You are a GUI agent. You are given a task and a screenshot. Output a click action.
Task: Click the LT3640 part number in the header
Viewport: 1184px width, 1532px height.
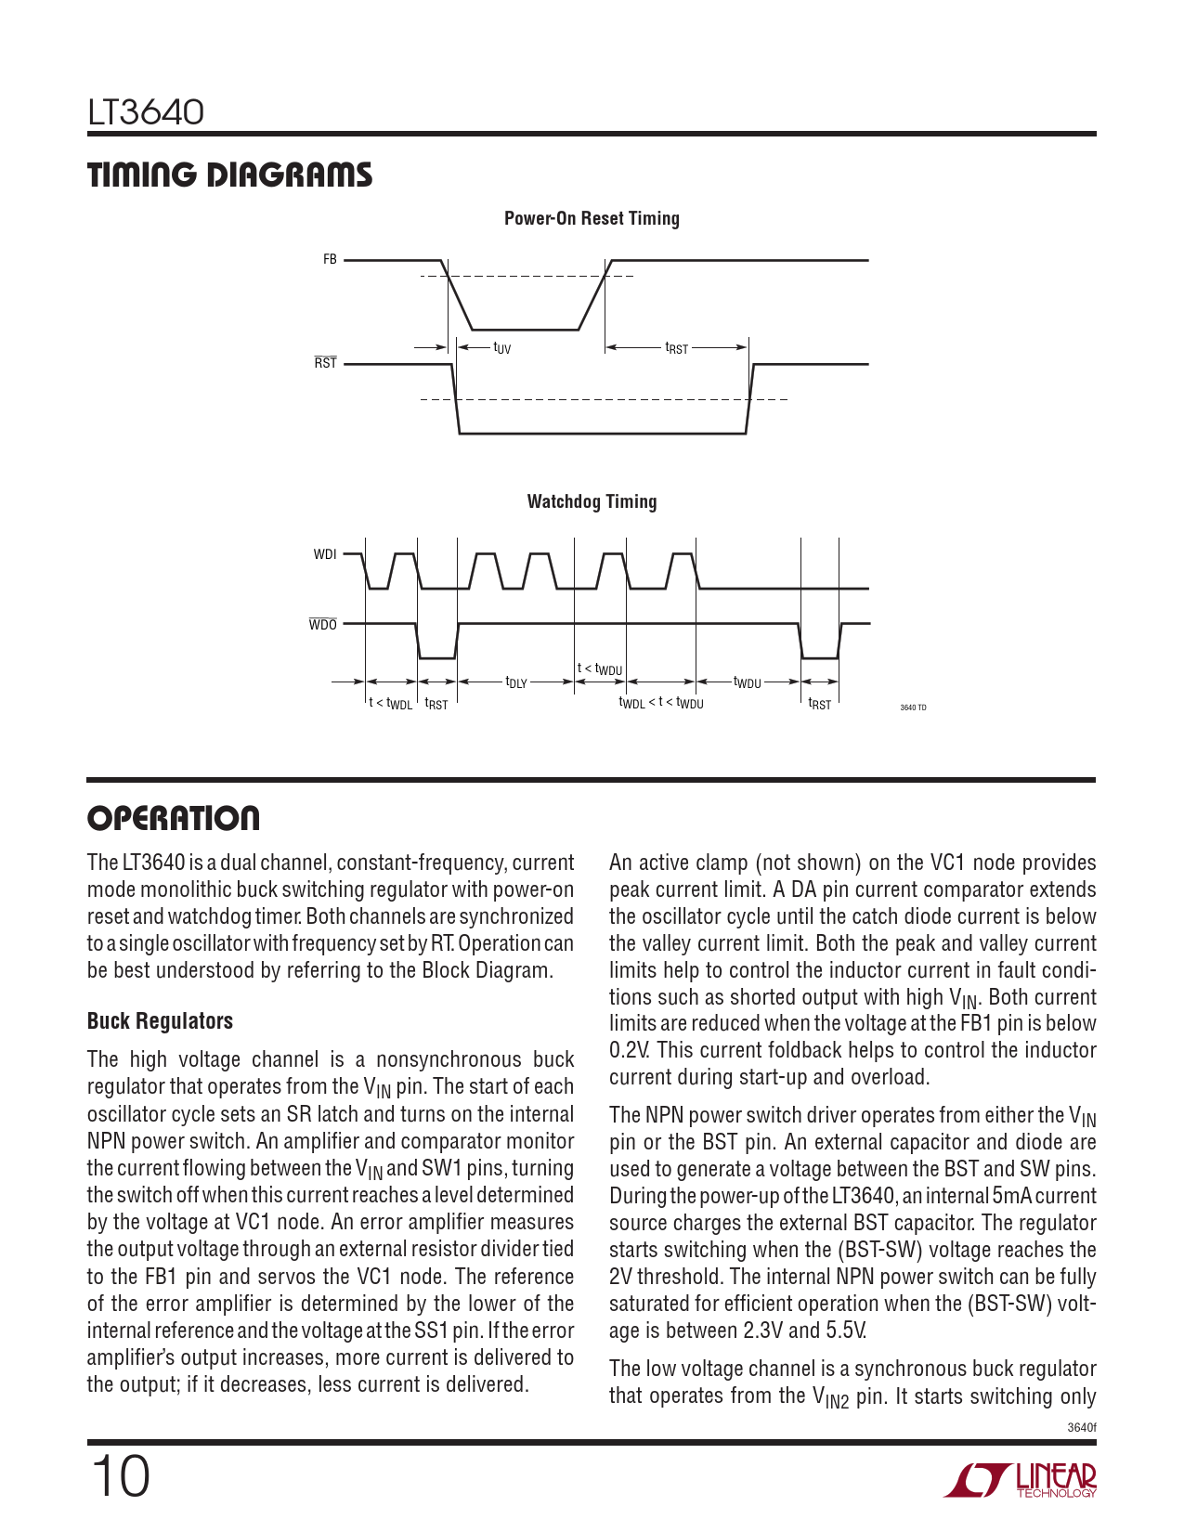tap(146, 113)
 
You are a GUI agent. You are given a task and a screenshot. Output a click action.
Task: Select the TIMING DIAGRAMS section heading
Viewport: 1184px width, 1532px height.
tap(229, 175)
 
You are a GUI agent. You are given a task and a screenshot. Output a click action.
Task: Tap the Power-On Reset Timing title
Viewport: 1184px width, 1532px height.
tap(592, 218)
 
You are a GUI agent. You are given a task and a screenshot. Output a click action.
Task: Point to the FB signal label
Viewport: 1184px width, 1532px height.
tap(330, 260)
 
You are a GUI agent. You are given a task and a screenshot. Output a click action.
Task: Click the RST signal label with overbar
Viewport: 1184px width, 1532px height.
tap(325, 363)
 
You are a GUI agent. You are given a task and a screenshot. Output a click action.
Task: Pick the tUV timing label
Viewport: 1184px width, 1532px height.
tap(501, 348)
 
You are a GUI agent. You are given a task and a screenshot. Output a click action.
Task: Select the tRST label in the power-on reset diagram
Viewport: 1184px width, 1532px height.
tap(676, 348)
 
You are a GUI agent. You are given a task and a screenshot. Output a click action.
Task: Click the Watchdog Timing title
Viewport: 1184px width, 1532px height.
tap(592, 501)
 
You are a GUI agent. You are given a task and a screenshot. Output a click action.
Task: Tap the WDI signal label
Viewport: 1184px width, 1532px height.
tap(325, 554)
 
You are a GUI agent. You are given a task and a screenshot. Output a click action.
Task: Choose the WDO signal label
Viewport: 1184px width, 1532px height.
tap(323, 625)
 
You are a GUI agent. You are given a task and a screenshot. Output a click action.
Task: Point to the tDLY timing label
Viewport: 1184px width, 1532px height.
tap(515, 682)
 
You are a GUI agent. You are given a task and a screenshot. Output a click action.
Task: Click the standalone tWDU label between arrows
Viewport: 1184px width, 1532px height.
tap(747, 682)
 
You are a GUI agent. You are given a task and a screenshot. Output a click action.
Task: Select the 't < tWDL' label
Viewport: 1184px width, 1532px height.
tap(390, 704)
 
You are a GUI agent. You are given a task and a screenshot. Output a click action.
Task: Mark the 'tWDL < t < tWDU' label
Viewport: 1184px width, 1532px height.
tap(661, 704)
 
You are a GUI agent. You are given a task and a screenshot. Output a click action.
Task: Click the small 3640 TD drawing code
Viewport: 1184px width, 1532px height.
tap(913, 708)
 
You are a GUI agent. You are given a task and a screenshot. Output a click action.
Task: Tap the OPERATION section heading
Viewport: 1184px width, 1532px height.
tap(174, 819)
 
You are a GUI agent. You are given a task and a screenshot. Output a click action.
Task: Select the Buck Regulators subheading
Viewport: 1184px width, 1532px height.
tap(160, 1021)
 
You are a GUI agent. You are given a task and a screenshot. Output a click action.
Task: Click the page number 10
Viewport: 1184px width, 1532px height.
tap(120, 1476)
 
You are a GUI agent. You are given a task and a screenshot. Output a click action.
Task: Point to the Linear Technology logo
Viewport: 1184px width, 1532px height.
tap(1021, 1480)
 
